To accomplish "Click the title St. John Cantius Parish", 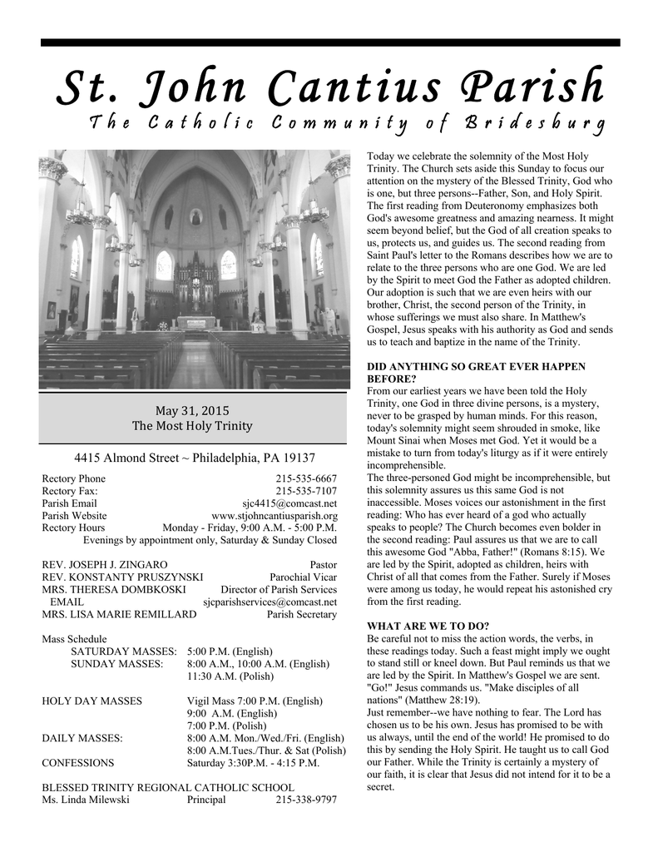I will tap(330, 87).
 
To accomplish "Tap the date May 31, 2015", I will tap(192, 410).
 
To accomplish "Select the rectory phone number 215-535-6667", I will tap(306, 478).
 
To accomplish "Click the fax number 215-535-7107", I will tap(306, 491).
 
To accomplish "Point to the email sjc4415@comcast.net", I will tap(289, 503).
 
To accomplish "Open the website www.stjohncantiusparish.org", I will tap(275, 516).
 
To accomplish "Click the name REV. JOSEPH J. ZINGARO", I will tap(105, 564).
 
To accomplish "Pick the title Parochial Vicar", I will tap(304, 577).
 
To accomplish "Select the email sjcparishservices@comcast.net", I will tap(270, 602).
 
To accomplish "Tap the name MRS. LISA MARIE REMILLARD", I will tap(119, 614).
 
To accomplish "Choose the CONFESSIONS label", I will tap(78, 762).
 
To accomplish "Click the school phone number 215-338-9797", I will tap(306, 800).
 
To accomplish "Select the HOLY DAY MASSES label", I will tap(92, 701).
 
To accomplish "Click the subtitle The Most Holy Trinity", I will tap(192, 426).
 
